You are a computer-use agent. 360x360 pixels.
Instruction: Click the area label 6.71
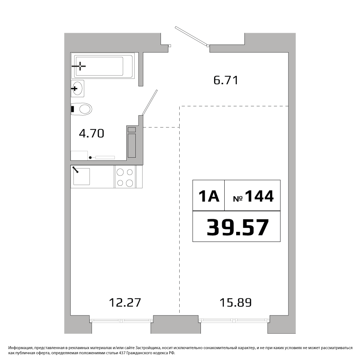tap(226, 80)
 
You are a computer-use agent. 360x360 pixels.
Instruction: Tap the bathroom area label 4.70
tap(91, 134)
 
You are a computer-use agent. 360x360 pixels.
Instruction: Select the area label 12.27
tap(125, 303)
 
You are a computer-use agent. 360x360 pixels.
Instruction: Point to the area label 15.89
tap(235, 303)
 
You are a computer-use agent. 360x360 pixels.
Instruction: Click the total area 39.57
tap(238, 227)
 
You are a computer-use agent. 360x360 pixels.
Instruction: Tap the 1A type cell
tap(208, 195)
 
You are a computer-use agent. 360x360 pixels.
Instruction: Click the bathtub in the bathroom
tap(102, 66)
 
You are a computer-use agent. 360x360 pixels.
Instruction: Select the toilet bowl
tap(82, 109)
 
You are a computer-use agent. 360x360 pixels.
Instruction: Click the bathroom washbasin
tap(78, 89)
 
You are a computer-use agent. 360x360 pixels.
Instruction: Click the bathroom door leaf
tap(150, 102)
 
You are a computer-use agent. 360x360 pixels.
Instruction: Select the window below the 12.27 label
tap(121, 320)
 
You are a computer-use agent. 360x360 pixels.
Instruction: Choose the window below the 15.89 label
tap(234, 320)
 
